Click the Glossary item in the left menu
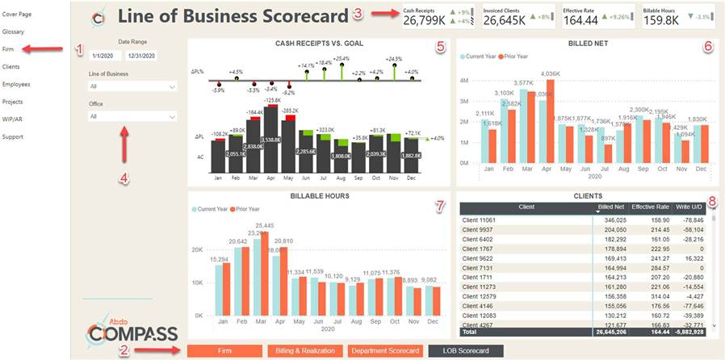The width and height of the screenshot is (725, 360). click(x=13, y=31)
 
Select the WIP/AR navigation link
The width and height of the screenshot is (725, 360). click(x=13, y=119)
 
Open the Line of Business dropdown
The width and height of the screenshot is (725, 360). click(x=133, y=86)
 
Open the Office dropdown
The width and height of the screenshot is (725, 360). click(x=133, y=116)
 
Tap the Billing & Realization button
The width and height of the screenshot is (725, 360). click(x=305, y=350)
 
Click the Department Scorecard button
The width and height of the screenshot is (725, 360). click(x=384, y=350)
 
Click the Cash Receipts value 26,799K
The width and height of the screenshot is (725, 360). click(x=424, y=20)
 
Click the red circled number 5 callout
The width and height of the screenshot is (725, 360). click(x=440, y=47)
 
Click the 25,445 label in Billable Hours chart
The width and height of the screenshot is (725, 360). click(x=264, y=225)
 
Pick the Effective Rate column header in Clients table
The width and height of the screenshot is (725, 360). click(x=650, y=207)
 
